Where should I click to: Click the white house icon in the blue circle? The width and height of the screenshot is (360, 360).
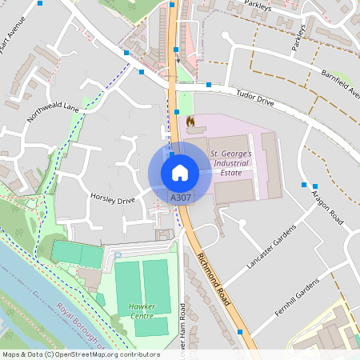coord(179,172)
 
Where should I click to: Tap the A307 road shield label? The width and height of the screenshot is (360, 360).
coord(180,196)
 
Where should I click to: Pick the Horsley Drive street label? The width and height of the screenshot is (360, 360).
coord(113,197)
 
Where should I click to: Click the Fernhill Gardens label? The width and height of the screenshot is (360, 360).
coord(297,297)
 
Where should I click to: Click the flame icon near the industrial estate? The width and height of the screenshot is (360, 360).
coord(190,120)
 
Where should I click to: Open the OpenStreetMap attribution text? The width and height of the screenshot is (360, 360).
coord(81,354)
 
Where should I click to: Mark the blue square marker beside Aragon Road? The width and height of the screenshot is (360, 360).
coord(304,185)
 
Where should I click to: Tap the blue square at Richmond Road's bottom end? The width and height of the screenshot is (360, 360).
coord(240,331)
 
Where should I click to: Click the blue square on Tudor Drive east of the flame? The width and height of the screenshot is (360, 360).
coord(209,84)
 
